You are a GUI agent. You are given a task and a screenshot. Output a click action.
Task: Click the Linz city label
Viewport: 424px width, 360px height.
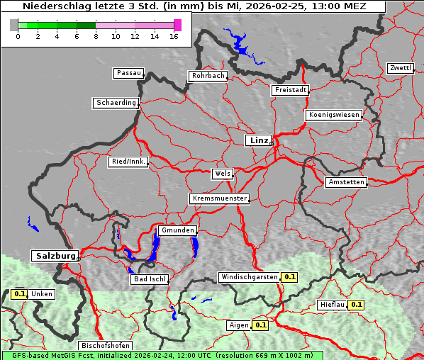(x=257, y=140)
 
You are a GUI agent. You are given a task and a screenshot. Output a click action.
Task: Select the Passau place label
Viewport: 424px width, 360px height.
(x=128, y=73)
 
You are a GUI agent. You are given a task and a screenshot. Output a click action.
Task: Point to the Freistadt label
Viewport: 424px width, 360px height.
(x=290, y=90)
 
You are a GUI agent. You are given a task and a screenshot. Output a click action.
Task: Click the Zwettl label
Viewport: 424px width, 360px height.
(x=400, y=68)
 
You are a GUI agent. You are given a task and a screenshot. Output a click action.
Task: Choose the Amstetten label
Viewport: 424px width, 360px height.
(x=346, y=182)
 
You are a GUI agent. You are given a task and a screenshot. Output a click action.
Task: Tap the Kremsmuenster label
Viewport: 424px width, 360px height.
(x=219, y=198)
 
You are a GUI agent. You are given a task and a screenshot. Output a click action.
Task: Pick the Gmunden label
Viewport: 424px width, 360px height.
(x=177, y=230)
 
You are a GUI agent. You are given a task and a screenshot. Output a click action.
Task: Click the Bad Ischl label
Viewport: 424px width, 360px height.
(x=149, y=279)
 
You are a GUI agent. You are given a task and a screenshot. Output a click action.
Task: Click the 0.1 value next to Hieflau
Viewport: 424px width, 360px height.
(x=357, y=305)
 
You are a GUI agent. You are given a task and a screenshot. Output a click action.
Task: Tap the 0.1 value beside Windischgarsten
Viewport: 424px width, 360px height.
(x=289, y=277)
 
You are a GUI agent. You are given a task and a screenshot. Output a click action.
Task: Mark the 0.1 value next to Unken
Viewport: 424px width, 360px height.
(x=20, y=293)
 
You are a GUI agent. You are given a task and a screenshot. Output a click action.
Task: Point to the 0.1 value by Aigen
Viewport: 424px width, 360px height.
(x=260, y=325)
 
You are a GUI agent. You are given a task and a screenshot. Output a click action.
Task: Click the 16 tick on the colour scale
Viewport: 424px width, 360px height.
(x=174, y=35)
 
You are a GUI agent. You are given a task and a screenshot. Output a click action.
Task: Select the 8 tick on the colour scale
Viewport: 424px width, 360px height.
(x=96, y=35)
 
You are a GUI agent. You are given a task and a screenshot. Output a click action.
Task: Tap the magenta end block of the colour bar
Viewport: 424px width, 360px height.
(x=177, y=25)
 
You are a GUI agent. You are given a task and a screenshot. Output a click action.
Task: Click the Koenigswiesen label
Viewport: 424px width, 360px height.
(x=334, y=115)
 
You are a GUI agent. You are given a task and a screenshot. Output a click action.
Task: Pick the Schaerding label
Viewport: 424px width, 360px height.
(x=116, y=103)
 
